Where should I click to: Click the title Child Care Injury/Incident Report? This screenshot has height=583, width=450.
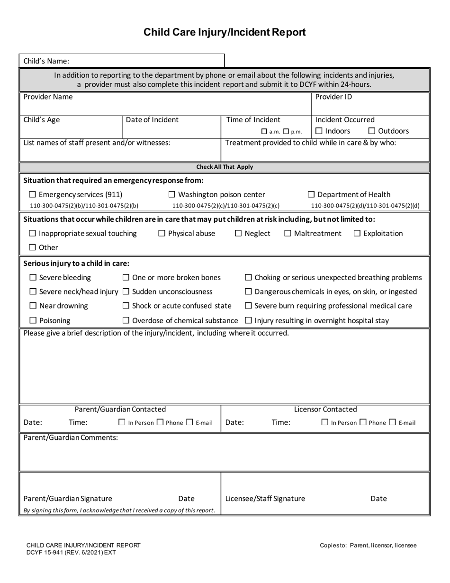click(225, 32)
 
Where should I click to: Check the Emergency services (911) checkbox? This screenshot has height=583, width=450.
click(33, 195)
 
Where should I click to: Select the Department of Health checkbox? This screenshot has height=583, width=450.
click(312, 195)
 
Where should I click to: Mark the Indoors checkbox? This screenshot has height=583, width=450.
click(319, 131)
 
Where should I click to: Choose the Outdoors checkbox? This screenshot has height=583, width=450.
click(372, 131)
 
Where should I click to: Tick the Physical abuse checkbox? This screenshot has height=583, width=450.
click(162, 234)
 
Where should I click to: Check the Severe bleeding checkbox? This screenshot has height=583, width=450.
click(33, 277)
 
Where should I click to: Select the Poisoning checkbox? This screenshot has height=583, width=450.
click(33, 321)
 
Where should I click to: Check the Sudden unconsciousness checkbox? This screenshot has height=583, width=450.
click(126, 291)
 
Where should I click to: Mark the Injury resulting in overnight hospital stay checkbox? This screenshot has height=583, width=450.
click(248, 321)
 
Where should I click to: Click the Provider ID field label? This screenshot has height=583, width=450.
click(333, 97)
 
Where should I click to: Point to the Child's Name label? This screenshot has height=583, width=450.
click(46, 61)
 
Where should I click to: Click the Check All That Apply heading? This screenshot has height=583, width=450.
click(225, 167)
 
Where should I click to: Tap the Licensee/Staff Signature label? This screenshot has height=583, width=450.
click(265, 499)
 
